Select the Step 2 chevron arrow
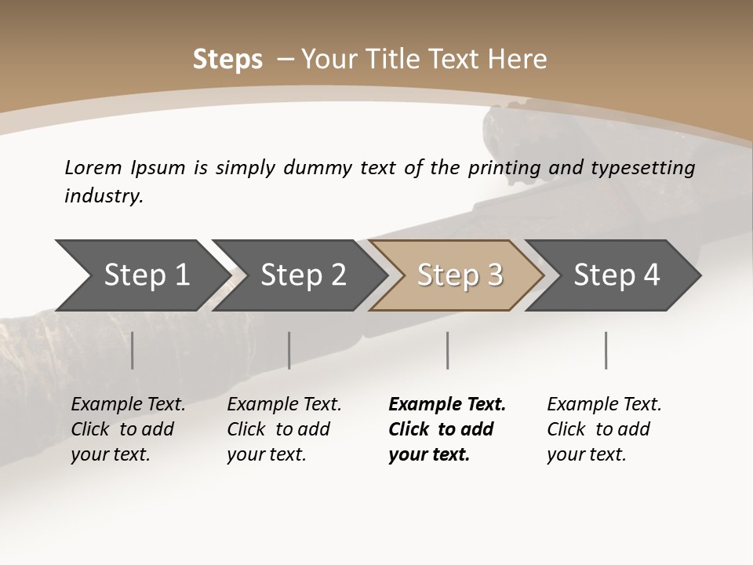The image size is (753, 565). click(302, 275)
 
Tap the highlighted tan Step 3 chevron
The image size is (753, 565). click(459, 275)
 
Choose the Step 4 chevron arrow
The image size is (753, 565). click(616, 275)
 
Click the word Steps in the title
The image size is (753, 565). click(227, 59)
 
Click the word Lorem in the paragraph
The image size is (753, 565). click(93, 167)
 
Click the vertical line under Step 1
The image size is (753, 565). click(133, 350)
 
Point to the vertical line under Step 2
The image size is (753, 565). click(289, 350)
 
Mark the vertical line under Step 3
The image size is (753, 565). click(448, 350)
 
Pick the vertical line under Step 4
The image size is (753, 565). click(606, 350)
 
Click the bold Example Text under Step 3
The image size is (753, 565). click(447, 404)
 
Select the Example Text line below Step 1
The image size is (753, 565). click(128, 404)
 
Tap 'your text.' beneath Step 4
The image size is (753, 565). click(586, 454)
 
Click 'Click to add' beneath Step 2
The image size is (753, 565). click(278, 429)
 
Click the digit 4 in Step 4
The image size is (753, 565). click(650, 275)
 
